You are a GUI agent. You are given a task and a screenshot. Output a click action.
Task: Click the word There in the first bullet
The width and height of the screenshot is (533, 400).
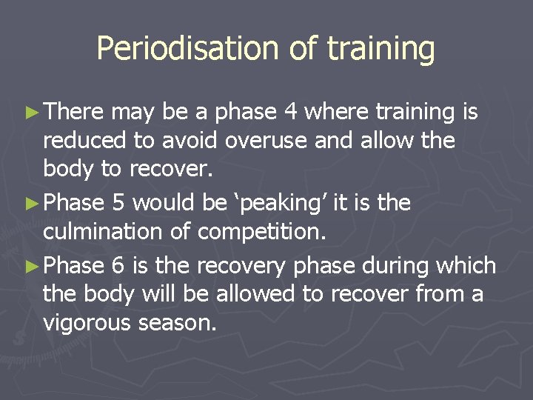point(75,113)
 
